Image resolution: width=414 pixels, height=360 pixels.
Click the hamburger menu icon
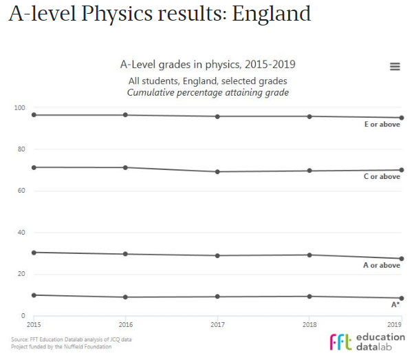pos(395,66)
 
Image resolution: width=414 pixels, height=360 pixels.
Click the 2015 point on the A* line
pos(33,295)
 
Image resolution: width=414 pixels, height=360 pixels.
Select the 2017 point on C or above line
pos(217,171)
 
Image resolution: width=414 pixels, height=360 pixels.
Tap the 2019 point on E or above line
pos(402,118)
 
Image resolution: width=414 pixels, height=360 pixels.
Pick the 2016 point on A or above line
pos(125,254)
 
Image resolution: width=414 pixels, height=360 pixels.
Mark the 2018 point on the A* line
pos(309,297)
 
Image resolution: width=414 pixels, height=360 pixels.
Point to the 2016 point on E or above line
pos(125,115)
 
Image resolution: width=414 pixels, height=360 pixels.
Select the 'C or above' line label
pos(382,177)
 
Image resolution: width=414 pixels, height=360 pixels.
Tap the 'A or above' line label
pos(382,266)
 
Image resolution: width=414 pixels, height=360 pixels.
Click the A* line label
pos(395,304)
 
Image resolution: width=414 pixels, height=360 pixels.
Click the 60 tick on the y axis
pos(21,191)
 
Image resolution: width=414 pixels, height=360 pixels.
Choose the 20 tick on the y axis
pos(21,274)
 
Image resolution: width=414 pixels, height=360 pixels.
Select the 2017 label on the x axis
pos(217,324)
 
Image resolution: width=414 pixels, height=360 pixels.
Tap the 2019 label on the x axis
pos(395,324)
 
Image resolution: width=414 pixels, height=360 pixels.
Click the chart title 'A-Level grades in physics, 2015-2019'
pos(207,65)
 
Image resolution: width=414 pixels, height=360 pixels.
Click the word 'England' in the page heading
pos(271,14)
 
